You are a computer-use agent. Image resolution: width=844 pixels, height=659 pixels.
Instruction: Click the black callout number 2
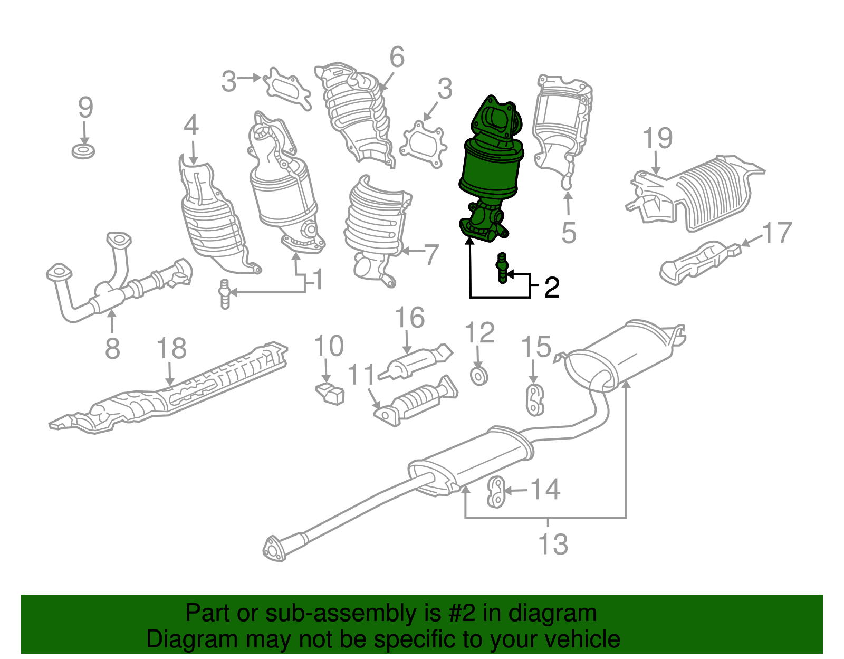tap(552, 288)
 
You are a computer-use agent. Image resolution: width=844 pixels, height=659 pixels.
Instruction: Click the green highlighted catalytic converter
tap(491, 169)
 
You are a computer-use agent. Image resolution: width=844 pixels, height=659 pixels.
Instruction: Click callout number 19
tap(657, 138)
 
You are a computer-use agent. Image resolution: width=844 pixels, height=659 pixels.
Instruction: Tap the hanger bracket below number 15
tap(535, 399)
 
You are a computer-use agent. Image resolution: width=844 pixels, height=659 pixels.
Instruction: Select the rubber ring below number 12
tap(479, 376)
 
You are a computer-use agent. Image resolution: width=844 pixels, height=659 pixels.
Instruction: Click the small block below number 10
tap(331, 394)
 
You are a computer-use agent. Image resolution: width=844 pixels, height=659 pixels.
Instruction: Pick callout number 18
tap(171, 349)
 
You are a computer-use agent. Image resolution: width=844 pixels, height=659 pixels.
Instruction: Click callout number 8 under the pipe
tap(112, 349)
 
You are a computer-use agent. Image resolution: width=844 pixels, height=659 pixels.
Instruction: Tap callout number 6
tap(397, 57)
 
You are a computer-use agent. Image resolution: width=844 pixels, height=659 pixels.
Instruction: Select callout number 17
tap(777, 233)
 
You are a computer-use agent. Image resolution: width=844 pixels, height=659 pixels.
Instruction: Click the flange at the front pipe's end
tap(274, 549)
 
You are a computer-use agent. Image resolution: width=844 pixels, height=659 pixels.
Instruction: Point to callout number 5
tap(568, 233)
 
